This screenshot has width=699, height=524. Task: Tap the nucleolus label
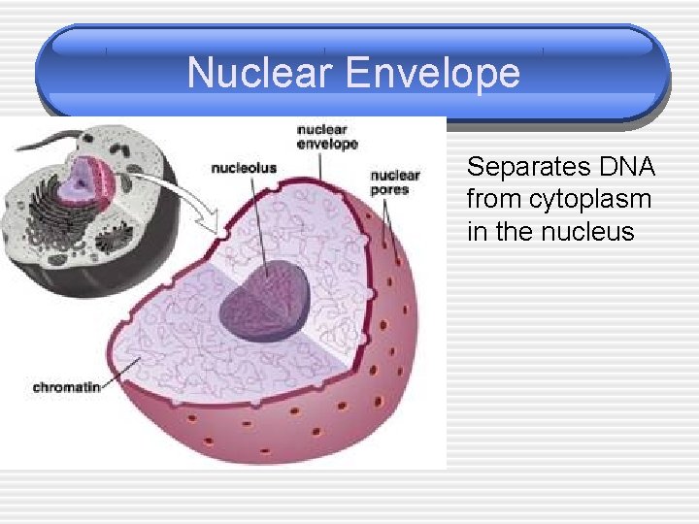[244, 168]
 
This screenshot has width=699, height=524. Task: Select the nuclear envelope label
[327, 137]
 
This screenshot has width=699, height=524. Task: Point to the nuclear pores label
[394, 182]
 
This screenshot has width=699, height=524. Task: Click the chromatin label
[66, 387]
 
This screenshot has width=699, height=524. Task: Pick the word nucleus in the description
[591, 233]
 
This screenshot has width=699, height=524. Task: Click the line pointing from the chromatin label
[122, 373]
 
